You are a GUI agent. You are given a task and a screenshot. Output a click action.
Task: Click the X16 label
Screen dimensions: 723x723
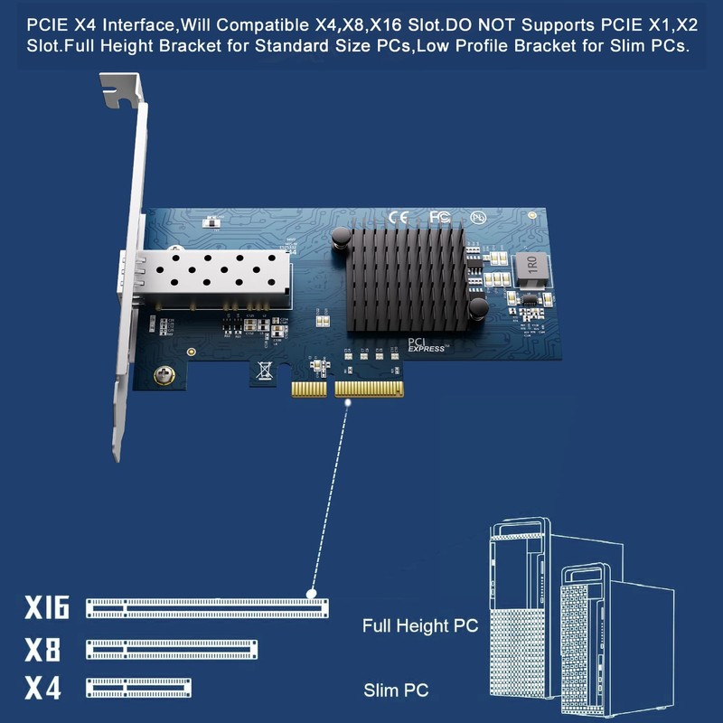point(47,607)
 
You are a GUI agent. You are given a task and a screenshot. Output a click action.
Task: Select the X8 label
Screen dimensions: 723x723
point(42,649)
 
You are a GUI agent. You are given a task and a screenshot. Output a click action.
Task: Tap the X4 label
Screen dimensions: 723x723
point(42,689)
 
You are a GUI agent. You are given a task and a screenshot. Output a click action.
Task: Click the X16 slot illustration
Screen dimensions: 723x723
point(207,608)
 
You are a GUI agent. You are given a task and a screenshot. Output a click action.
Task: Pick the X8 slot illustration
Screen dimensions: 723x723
point(172,649)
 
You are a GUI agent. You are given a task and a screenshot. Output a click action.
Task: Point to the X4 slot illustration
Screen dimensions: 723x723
point(138,689)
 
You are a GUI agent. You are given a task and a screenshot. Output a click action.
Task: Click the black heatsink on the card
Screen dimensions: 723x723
point(406,278)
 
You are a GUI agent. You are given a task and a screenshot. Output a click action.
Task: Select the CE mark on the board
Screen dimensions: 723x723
point(398,217)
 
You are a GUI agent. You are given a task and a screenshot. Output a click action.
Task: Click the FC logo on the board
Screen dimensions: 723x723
point(439,217)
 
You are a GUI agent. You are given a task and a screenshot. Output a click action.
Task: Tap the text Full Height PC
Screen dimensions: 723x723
point(419,625)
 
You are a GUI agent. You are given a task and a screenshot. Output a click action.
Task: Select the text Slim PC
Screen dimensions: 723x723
point(396,691)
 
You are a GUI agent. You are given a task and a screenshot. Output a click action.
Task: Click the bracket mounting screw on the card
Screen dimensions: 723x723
point(164,373)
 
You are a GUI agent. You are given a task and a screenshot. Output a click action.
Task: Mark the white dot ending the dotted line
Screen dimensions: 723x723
point(311,594)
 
